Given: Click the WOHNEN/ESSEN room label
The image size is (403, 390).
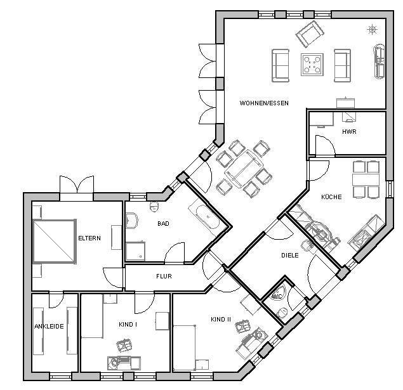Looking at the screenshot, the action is [x=264, y=103].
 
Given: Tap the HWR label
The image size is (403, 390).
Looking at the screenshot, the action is [x=349, y=132].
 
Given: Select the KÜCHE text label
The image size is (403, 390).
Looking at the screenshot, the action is [x=331, y=197].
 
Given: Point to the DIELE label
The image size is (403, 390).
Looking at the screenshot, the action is [x=290, y=255].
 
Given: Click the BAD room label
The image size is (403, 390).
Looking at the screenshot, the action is [x=164, y=223].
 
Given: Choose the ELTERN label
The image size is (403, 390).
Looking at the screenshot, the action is [x=89, y=238].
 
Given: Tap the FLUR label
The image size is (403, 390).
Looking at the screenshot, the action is [x=164, y=276].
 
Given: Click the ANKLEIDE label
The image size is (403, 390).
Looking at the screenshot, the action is [x=49, y=327].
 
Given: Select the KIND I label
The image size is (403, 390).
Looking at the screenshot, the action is [x=128, y=325].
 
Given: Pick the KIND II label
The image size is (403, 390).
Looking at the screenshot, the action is [x=221, y=320].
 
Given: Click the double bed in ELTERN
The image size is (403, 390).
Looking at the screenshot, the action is [x=55, y=242].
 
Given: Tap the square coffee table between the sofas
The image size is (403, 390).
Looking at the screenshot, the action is [x=312, y=65].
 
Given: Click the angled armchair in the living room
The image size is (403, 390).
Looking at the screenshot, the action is [x=310, y=34].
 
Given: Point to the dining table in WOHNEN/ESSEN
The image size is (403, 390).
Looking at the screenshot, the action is [x=244, y=169].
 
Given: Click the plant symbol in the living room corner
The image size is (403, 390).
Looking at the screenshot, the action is [x=372, y=30].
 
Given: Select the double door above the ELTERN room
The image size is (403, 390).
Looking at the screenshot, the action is [x=77, y=185].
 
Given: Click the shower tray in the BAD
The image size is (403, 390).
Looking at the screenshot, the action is [x=135, y=251].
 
